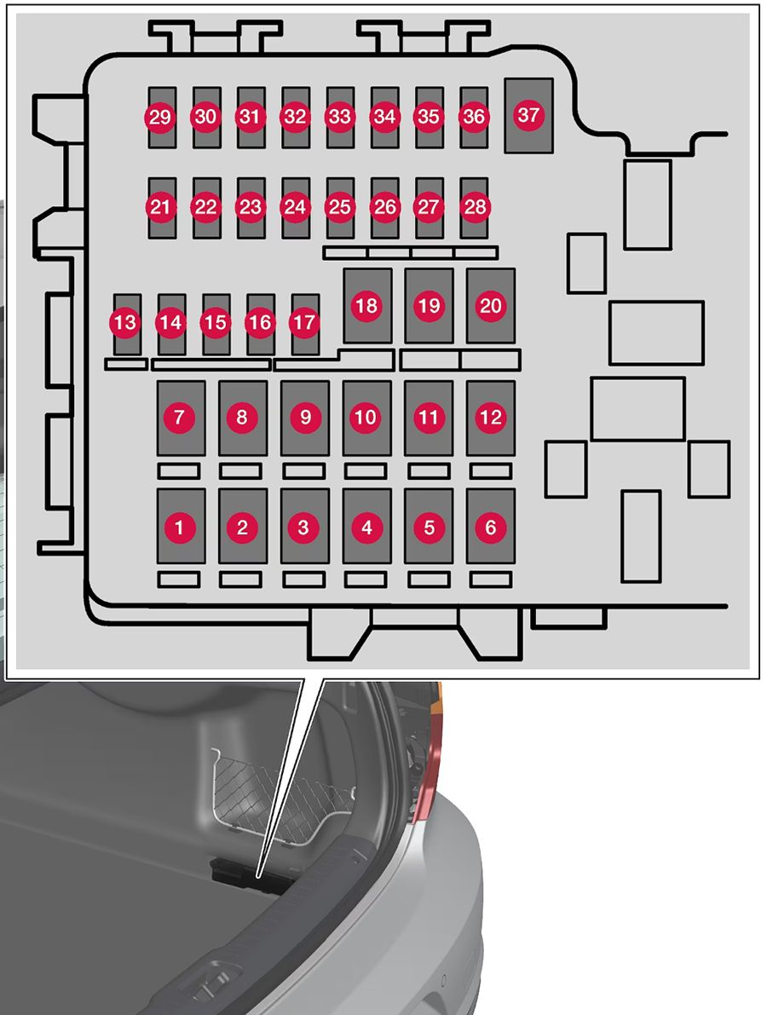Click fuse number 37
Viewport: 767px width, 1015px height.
[x=528, y=115]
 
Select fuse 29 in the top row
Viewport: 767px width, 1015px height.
[x=159, y=118]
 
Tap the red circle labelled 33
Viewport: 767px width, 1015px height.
[x=339, y=118]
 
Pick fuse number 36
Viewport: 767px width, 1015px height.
[x=473, y=118]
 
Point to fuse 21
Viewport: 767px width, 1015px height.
[x=159, y=207]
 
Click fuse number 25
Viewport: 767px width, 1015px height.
[x=339, y=207]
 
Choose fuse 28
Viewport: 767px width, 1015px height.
[x=473, y=207]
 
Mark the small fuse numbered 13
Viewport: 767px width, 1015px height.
[x=125, y=323]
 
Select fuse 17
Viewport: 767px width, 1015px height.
[x=304, y=323]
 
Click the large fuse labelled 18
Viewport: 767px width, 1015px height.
[x=366, y=306]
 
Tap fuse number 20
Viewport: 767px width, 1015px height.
[x=491, y=306]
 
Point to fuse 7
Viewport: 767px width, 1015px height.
[x=180, y=418]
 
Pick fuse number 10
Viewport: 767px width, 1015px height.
[x=366, y=418]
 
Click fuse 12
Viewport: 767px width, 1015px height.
[x=491, y=418]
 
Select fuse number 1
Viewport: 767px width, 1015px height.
[x=180, y=528]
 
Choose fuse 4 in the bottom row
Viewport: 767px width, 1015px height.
[x=366, y=528]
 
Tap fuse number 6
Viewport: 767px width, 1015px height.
[x=491, y=528]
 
